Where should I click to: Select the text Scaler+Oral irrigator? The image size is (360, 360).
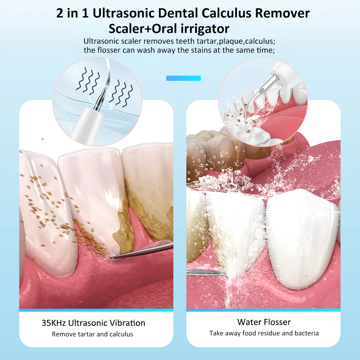point(169,28)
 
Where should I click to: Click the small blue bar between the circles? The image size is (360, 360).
point(183,78)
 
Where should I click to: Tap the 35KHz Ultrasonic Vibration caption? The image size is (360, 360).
point(93,323)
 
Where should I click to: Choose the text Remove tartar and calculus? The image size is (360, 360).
point(93,334)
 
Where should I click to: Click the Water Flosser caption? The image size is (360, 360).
point(264,322)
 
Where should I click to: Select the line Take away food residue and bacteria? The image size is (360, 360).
point(264,333)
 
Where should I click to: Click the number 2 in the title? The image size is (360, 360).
point(60,13)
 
